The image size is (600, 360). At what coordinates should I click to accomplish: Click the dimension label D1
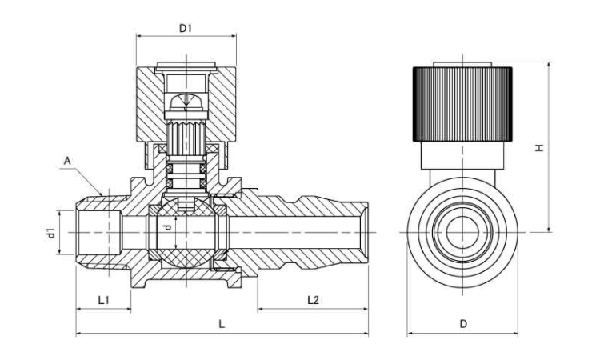click(x=186, y=28)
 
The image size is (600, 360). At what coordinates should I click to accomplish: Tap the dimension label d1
click(x=50, y=234)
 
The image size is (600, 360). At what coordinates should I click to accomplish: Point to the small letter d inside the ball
click(x=167, y=228)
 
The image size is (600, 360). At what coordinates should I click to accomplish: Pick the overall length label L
click(x=222, y=323)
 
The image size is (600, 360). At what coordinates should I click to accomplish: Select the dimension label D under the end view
click(x=463, y=323)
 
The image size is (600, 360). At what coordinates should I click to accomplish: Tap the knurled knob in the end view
click(x=462, y=102)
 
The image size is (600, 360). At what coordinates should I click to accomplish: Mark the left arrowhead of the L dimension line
click(x=78, y=332)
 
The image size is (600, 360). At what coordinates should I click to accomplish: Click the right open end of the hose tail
click(x=366, y=232)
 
